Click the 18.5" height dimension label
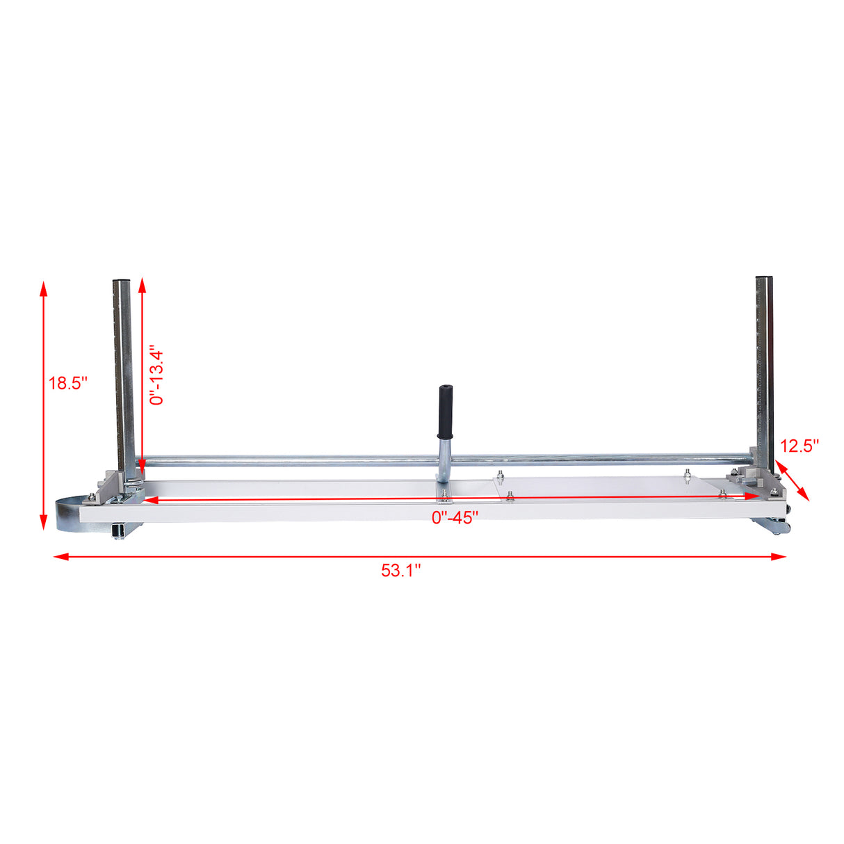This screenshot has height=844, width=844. (x=67, y=383)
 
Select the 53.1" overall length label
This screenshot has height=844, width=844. (x=401, y=571)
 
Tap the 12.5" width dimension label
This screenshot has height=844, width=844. (x=800, y=446)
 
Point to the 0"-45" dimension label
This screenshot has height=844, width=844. (x=455, y=517)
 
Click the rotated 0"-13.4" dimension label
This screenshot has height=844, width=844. (x=157, y=375)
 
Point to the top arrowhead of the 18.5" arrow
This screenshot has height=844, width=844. (x=44, y=288)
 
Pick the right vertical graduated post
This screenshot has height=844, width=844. (x=765, y=368)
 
